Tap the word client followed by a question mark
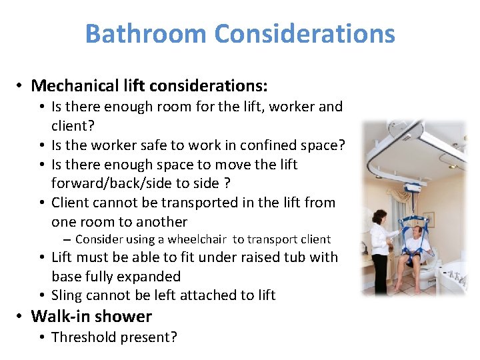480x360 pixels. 73,125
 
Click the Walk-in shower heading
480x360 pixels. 91,316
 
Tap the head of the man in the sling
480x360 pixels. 417,231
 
